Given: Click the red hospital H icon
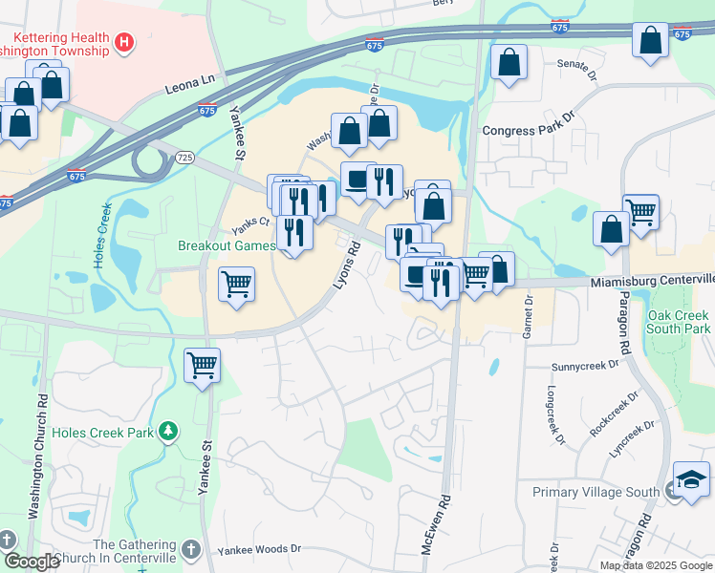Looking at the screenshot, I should pyautogui.click(x=123, y=42).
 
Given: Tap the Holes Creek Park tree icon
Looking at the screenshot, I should pyautogui.click(x=169, y=432).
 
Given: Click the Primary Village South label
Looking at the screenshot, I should pyautogui.click(x=596, y=493).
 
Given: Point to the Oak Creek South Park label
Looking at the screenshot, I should pyautogui.click(x=679, y=322).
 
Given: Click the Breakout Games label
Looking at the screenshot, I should pyautogui.click(x=226, y=245).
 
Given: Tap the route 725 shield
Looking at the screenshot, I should pyautogui.click(x=185, y=157).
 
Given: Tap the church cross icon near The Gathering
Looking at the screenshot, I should pyautogui.click(x=190, y=550).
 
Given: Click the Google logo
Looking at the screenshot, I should pyautogui.click(x=32, y=562).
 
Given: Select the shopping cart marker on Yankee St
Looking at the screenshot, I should pyautogui.click(x=202, y=364).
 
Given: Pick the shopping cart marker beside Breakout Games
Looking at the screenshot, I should pyautogui.click(x=236, y=283).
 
